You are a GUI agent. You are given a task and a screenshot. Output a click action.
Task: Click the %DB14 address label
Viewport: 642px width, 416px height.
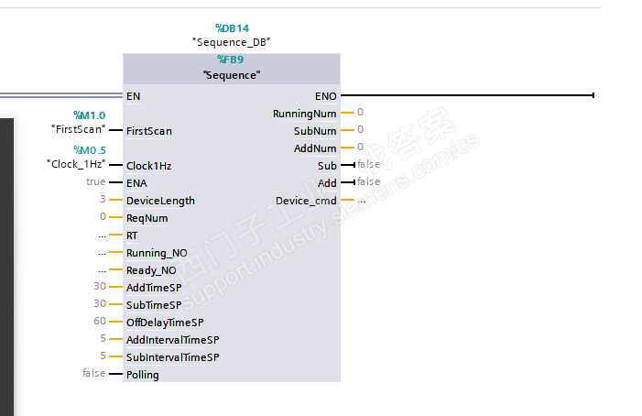231,28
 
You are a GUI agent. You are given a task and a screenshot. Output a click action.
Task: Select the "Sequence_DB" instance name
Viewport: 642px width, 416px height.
231,42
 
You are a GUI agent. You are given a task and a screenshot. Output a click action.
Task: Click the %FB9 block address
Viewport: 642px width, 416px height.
231,60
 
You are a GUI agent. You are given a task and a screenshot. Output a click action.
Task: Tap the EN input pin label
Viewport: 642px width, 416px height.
134,95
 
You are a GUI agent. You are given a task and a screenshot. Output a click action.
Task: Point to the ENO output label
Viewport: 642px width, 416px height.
325,95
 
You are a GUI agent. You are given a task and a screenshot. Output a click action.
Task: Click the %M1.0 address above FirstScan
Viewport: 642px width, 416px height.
89,115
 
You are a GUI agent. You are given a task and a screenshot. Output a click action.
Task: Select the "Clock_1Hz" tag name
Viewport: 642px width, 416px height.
76,163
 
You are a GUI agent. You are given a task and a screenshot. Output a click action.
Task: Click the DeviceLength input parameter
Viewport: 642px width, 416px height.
160,201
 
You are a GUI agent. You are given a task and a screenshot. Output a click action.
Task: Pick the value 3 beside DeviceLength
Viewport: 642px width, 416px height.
103,200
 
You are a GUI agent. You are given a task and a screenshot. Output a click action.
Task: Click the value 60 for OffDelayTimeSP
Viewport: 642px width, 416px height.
100,322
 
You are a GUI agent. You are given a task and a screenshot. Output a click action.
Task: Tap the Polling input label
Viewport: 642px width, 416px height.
142,375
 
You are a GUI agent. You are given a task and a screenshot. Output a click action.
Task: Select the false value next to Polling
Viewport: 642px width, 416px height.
93,374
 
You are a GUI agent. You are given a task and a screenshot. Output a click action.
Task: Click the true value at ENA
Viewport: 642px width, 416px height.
95,182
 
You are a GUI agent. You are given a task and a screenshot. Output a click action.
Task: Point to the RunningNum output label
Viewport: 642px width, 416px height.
304,114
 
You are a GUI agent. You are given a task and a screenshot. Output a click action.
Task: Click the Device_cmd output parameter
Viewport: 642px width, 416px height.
306,201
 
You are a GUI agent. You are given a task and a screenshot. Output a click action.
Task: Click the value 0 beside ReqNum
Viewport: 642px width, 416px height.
103,217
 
